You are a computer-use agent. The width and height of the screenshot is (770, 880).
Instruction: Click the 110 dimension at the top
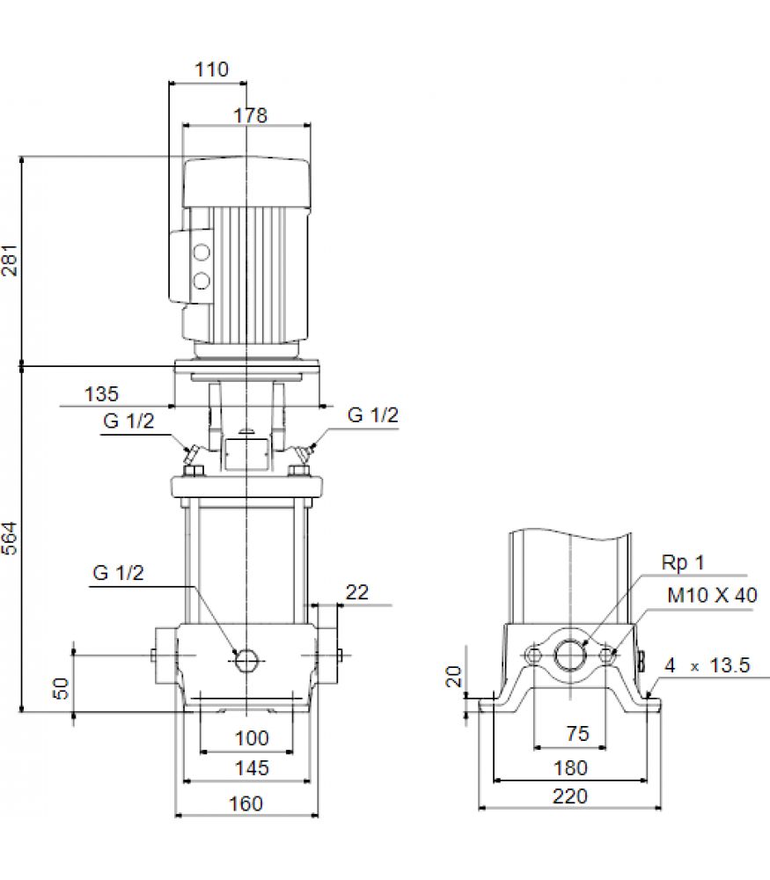pyautogui.click(x=211, y=70)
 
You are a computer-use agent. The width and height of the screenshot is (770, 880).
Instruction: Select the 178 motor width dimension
pyautogui.click(x=250, y=115)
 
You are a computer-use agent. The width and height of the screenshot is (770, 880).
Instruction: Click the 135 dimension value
pyautogui.click(x=101, y=394)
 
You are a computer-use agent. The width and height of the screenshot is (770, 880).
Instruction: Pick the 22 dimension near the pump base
pyautogui.click(x=357, y=592)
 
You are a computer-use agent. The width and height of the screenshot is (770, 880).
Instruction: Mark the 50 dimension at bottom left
pyautogui.click(x=61, y=688)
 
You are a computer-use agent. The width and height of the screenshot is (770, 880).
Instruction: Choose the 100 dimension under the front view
pyautogui.click(x=252, y=738)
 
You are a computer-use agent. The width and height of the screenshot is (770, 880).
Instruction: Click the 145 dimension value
pyautogui.click(x=252, y=767)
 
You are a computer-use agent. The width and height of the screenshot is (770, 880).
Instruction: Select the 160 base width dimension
pyautogui.click(x=246, y=803)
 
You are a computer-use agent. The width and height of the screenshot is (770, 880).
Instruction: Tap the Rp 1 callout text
pyautogui.click(x=683, y=562)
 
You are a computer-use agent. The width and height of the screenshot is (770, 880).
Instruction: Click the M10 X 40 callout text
pyautogui.click(x=712, y=595)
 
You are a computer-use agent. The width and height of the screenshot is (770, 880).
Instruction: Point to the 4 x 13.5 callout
pyautogui.click(x=708, y=665)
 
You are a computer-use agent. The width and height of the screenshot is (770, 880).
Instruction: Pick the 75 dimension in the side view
pyautogui.click(x=577, y=734)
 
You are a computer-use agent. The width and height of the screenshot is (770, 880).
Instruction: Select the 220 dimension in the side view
pyautogui.click(x=570, y=796)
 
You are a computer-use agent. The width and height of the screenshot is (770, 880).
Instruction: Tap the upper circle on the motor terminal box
pyautogui.click(x=202, y=253)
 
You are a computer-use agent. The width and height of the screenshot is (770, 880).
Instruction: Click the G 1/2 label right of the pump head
pyautogui.click(x=372, y=414)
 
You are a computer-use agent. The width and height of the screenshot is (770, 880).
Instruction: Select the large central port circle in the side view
pyautogui.click(x=570, y=655)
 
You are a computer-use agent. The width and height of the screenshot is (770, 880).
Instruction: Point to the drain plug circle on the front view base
pyautogui.click(x=246, y=661)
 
